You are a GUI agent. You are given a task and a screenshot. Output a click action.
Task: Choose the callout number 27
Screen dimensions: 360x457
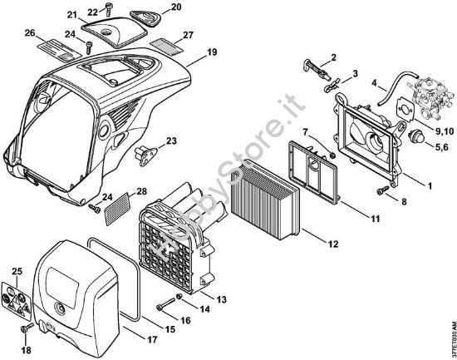[x=188, y=35]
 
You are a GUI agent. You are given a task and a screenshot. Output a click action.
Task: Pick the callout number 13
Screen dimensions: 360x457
[x=222, y=299]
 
